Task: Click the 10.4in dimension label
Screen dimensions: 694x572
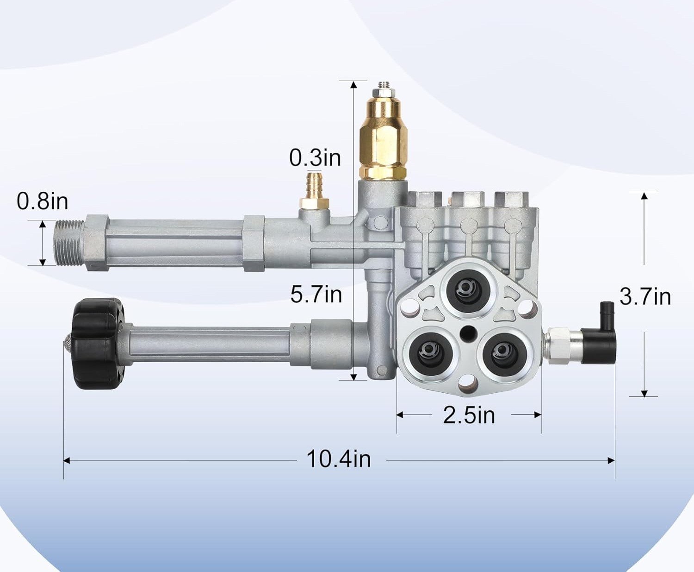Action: tap(339, 459)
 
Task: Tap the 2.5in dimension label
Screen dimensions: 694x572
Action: tap(469, 415)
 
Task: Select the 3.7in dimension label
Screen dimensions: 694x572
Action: tap(645, 297)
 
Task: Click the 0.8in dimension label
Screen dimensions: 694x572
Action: tap(43, 201)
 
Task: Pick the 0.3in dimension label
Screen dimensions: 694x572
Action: tap(315, 157)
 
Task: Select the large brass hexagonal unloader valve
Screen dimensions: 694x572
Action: tap(383, 139)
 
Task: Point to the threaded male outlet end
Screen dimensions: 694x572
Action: tap(69, 243)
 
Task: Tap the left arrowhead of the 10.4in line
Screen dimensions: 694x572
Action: tap(67, 460)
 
